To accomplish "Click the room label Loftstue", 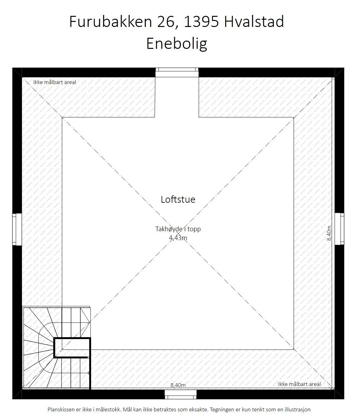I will (178, 200).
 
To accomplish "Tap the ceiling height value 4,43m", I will (178, 238).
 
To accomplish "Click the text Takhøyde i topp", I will (178, 229).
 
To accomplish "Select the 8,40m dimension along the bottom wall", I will (178, 385).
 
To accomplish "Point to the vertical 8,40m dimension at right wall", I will (329, 233).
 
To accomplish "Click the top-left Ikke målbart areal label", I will (55, 82).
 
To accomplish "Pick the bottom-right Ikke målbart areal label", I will (299, 384).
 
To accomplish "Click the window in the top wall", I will (177, 73).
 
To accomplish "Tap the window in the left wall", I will (17, 229).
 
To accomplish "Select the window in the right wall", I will (339, 229).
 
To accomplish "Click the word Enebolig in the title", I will (177, 44).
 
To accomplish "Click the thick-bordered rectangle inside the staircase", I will (72, 348).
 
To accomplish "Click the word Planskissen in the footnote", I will (61, 409).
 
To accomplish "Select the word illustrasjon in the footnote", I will (296, 409).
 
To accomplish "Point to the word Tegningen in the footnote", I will (222, 409).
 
